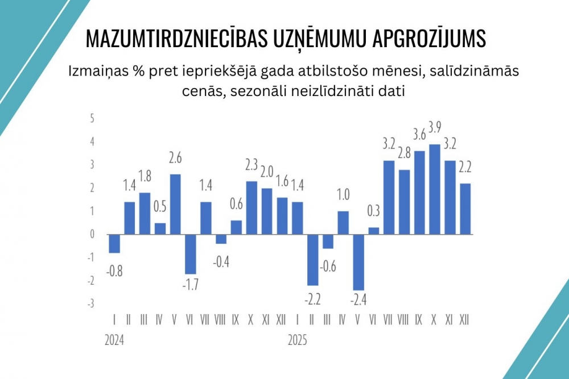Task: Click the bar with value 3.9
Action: click(x=435, y=189)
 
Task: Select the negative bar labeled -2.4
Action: click(x=358, y=262)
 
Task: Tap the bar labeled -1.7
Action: click(x=190, y=254)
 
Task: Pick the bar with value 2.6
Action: click(x=175, y=204)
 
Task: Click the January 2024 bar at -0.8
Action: click(x=114, y=243)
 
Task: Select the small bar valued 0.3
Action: click(x=374, y=231)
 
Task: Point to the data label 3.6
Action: click(x=419, y=135)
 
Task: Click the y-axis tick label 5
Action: click(x=92, y=118)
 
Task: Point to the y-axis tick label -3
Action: click(x=91, y=303)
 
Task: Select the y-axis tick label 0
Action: click(x=92, y=234)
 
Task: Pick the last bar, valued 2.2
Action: click(x=465, y=209)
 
